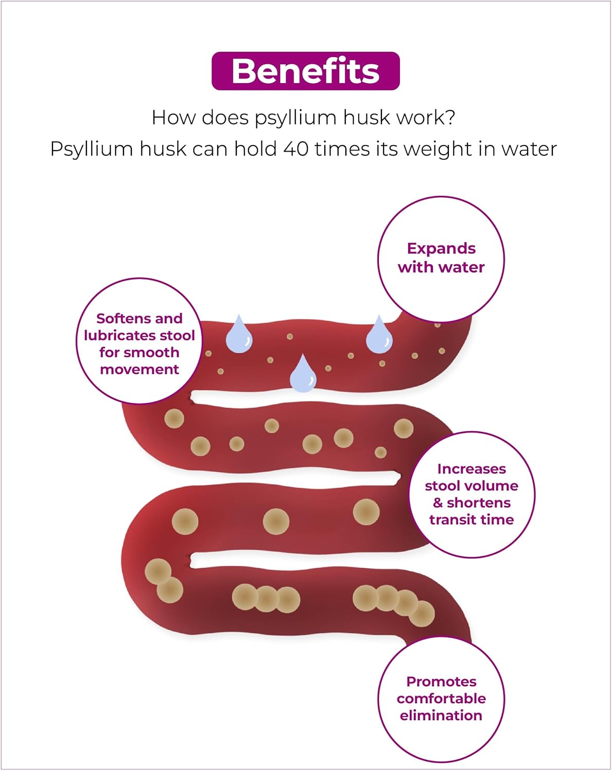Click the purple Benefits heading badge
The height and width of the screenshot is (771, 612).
coord(306,71)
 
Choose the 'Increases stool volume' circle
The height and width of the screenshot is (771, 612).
coord(471,494)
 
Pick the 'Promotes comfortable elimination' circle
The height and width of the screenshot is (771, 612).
coord(441,699)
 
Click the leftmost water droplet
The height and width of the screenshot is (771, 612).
coord(239,337)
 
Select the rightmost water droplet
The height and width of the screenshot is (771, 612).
coord(379,337)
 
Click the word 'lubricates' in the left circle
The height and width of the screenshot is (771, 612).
coord(121,336)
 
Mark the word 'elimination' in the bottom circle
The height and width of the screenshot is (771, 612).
coord(441,715)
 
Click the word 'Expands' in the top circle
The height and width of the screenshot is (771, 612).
coord(441,249)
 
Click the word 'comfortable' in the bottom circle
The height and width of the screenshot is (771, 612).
coord(441,699)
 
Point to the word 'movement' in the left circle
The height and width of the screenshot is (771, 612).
coord(139,370)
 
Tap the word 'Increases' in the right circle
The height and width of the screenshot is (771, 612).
coord(471,469)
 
